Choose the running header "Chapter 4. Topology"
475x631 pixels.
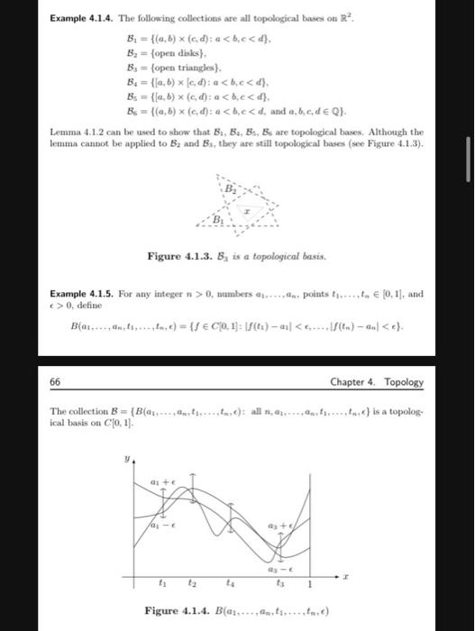click(x=376, y=381)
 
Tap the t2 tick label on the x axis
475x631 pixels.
click(x=191, y=581)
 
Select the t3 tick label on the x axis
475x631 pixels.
click(x=280, y=581)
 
